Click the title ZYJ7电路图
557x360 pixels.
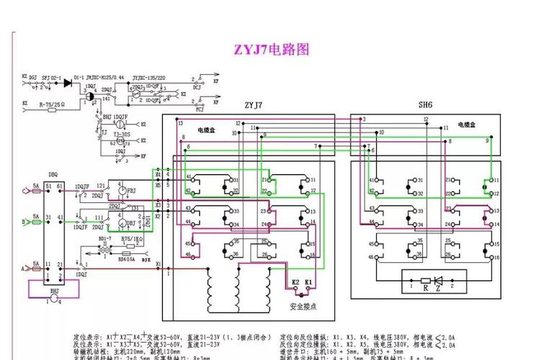pos(271,50)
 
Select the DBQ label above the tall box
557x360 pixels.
pos(53,174)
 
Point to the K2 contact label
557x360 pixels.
pos(295,282)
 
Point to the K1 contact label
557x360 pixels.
pos(308,282)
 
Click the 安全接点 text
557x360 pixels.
pos(303,307)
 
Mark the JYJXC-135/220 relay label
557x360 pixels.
pos(147,76)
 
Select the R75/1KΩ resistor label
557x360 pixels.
pos(131,238)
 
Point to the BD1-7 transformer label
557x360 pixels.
pos(105,238)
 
